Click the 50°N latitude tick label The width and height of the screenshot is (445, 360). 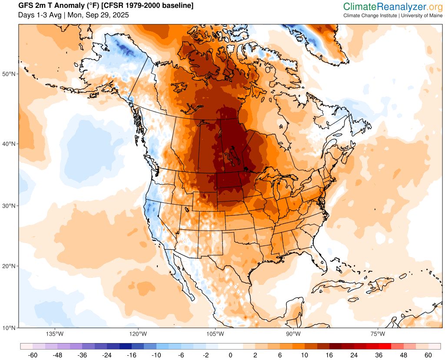pos(9,74)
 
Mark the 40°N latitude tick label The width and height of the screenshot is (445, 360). pos(9,144)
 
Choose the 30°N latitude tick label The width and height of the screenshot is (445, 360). pos(9,206)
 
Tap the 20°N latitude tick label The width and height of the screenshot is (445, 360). pos(9,266)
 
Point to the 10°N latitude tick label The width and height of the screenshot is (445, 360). pos(9,327)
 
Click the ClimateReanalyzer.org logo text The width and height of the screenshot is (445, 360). pos(393,7)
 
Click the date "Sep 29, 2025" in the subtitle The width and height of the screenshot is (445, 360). pos(108,15)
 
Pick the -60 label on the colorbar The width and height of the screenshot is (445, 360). pos(32,355)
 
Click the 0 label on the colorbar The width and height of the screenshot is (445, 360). pos(230,355)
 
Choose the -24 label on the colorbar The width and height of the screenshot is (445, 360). pos(106,355)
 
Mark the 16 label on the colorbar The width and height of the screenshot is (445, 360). pos(329,355)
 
